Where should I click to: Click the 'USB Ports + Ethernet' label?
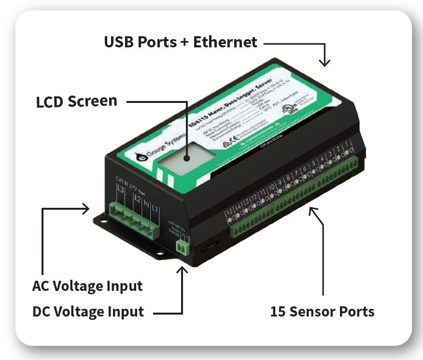pyautogui.click(x=181, y=42)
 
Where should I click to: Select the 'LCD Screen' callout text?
pyautogui.click(x=77, y=101)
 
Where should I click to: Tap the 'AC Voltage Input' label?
pyautogui.click(x=87, y=286)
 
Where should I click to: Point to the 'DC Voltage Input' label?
pyautogui.click(x=88, y=312)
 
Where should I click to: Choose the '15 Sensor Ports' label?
pyautogui.click(x=322, y=311)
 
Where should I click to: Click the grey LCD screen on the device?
pyautogui.click(x=186, y=159)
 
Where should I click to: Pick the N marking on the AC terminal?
pyautogui.click(x=146, y=203)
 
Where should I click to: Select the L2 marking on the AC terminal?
pyautogui.click(x=138, y=199)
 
